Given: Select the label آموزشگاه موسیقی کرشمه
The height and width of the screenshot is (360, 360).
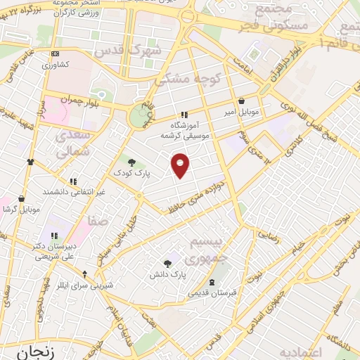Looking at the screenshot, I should (184, 129).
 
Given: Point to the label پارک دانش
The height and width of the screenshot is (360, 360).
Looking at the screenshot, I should (167, 274).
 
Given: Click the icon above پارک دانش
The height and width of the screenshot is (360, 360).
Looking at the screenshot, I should (167, 264).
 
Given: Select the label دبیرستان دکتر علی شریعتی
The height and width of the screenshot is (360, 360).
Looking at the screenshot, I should (53, 252).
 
